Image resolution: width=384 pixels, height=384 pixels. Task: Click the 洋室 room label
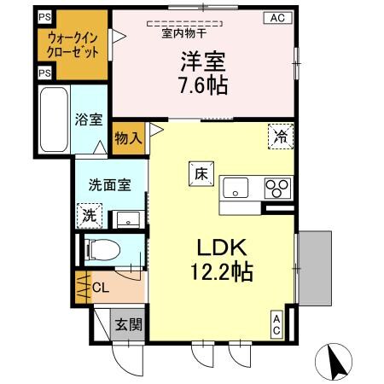coord(201,61)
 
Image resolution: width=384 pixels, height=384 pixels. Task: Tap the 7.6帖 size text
coord(201,85)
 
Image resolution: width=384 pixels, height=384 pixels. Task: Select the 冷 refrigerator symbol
coord(280,135)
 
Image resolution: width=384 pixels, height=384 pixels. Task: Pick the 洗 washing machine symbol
coord(90,216)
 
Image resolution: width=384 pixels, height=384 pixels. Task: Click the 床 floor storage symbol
coord(198,172)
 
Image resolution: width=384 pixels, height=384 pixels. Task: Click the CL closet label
coord(98,287)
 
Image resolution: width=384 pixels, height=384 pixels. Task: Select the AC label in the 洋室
coord(278,17)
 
